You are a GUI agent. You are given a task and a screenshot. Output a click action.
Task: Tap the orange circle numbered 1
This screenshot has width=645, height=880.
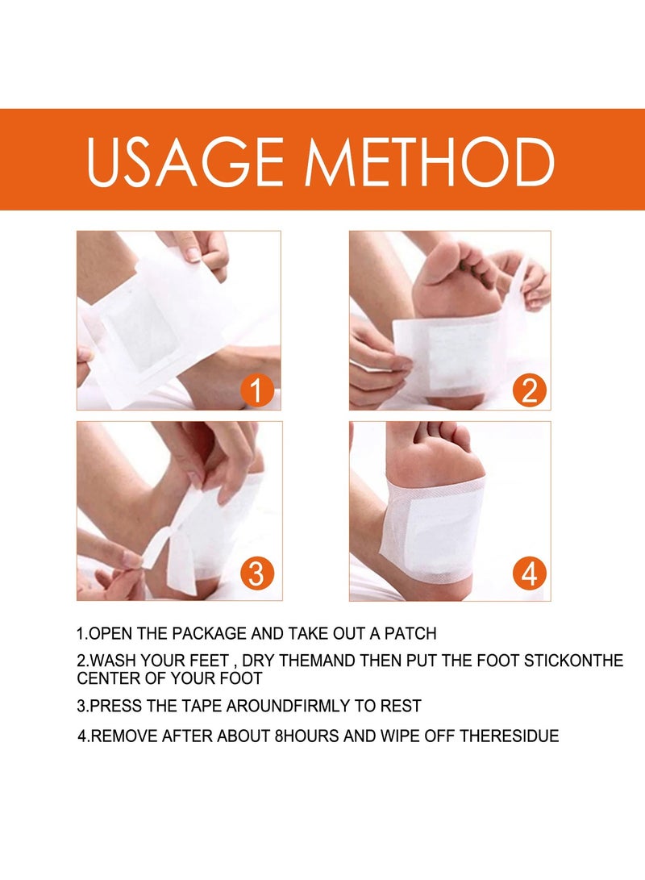256,390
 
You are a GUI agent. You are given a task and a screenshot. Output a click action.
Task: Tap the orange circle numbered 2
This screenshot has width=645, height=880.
529,390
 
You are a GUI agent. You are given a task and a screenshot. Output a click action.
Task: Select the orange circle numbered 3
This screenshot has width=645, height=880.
256,573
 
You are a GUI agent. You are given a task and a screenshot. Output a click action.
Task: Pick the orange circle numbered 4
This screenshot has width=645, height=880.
529,573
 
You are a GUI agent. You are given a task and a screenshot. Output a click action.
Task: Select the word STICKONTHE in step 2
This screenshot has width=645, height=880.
573,661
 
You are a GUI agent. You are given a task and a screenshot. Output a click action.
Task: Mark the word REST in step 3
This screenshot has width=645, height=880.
401,706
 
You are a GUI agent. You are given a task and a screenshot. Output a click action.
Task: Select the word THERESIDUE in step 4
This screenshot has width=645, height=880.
510,736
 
